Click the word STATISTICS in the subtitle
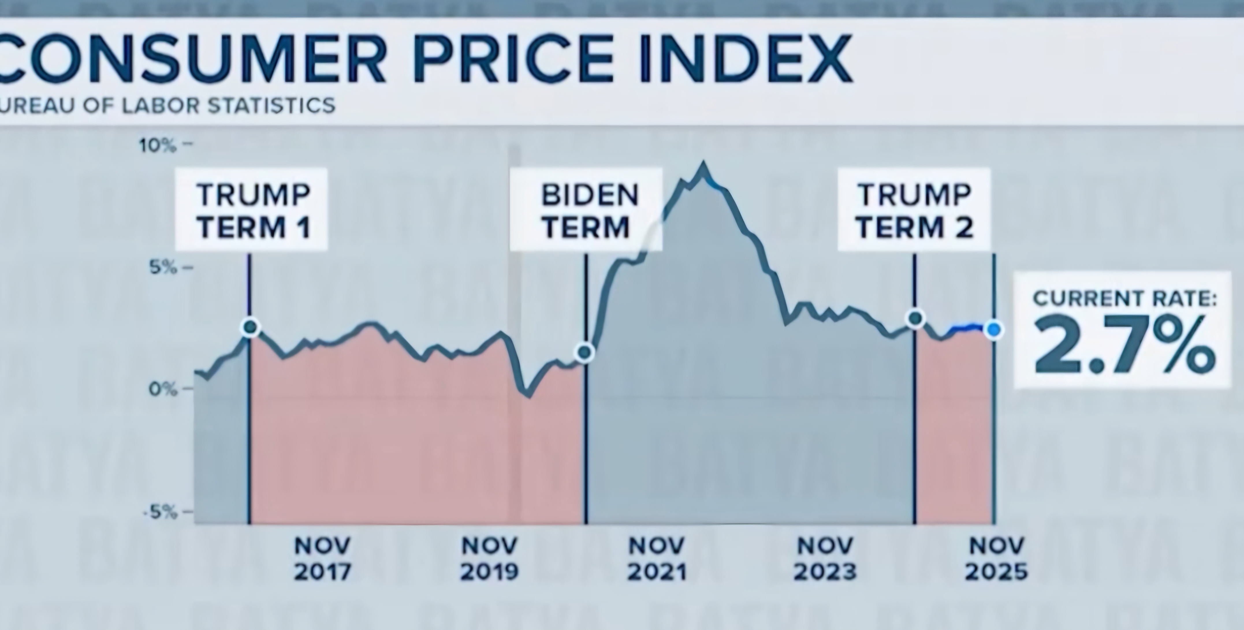(x=271, y=105)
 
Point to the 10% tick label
(x=158, y=145)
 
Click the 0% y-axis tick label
(x=163, y=389)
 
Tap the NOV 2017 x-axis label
(x=322, y=559)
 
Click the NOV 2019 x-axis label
(x=489, y=559)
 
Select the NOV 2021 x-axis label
(x=657, y=559)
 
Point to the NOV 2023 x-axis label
(x=825, y=559)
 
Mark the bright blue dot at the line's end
(x=994, y=330)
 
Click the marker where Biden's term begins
(x=585, y=353)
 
